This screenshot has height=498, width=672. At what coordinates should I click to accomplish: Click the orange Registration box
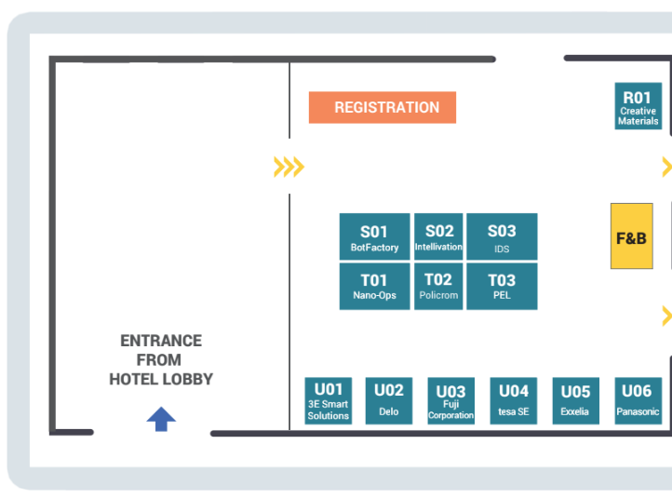tap(383, 107)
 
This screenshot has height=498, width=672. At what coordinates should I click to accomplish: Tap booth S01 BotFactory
tap(374, 236)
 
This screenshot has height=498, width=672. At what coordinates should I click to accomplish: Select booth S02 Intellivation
tap(438, 236)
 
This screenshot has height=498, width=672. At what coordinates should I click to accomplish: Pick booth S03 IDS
tap(502, 236)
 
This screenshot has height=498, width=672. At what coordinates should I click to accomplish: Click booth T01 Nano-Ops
tap(374, 287)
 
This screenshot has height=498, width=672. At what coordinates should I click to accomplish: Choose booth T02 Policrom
tap(438, 287)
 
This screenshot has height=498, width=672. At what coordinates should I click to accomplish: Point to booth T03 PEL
tap(502, 287)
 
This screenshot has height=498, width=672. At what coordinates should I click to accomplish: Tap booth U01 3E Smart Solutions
tap(329, 400)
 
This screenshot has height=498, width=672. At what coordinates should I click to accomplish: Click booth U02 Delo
tap(389, 400)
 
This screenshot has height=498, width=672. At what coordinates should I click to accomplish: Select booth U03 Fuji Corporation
tap(450, 400)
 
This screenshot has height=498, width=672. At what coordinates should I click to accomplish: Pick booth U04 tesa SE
tap(514, 400)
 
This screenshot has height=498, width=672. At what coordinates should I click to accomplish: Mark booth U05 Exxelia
tap(575, 400)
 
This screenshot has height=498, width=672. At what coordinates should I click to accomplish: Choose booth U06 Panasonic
tap(638, 400)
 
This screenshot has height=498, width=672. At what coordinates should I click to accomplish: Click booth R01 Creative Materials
tap(638, 106)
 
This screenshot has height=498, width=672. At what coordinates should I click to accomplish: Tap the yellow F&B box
tap(632, 236)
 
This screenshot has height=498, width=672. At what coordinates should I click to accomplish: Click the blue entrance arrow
tap(161, 419)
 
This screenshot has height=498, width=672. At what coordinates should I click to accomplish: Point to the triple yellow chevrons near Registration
tap(289, 167)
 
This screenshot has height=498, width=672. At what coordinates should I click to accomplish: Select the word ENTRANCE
tap(161, 341)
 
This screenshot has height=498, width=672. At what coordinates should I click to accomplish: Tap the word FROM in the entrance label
tap(159, 360)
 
